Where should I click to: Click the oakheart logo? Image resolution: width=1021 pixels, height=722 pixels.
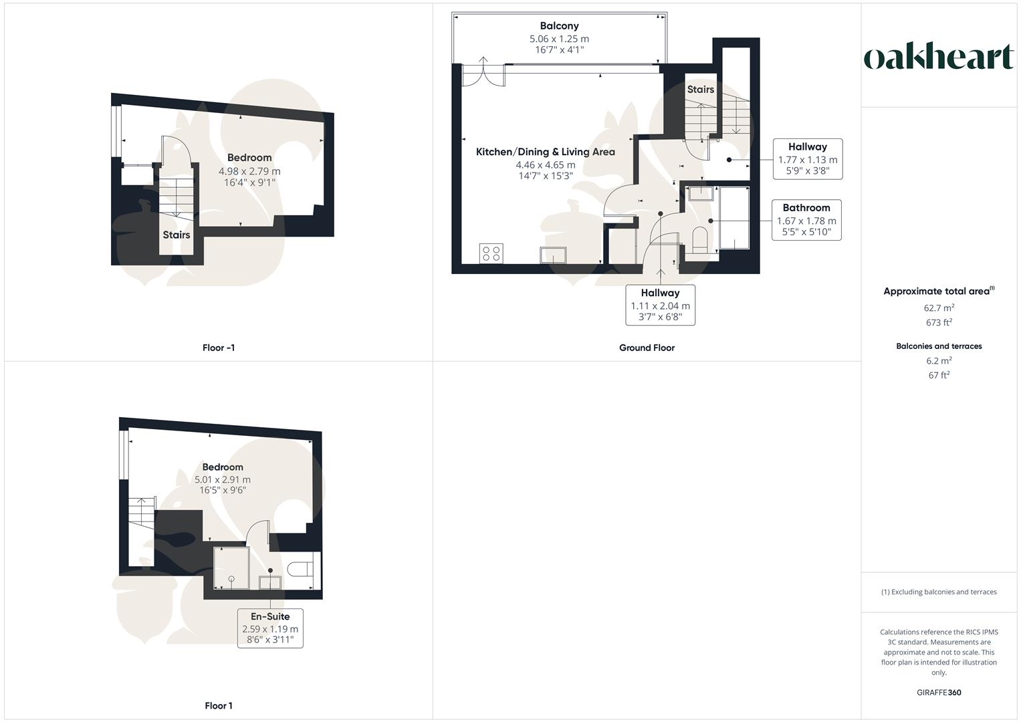point(939,57)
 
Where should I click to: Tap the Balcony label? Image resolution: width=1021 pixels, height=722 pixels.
point(559,26)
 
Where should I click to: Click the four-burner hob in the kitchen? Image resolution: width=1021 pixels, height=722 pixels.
point(491,253)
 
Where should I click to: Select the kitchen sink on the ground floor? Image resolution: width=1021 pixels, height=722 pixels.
point(554,255)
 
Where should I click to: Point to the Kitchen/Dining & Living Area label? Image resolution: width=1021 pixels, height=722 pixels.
point(545,152)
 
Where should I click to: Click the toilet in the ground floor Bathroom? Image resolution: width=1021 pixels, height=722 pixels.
point(699,239)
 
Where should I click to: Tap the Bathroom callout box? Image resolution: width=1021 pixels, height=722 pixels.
point(806,220)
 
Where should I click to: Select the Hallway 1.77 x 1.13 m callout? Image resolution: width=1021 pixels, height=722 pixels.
point(807,159)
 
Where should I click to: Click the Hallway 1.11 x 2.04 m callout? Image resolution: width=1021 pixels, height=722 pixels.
point(660,305)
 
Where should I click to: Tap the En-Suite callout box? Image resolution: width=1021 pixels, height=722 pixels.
point(270,628)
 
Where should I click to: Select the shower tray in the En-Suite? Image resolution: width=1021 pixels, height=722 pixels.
point(231,568)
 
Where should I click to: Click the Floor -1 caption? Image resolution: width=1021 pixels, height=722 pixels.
point(219,348)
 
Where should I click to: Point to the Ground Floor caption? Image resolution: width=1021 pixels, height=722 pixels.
point(647,348)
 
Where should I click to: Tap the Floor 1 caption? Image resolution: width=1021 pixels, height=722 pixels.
point(219,705)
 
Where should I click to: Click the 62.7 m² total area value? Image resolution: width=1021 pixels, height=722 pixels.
point(939,308)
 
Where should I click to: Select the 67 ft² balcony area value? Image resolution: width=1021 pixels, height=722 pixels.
point(939,375)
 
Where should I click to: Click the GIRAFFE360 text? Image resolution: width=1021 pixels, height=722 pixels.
point(939,693)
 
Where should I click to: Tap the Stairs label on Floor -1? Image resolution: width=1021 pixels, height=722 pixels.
point(177,235)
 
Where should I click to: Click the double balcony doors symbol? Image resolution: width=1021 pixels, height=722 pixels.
point(483,74)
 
